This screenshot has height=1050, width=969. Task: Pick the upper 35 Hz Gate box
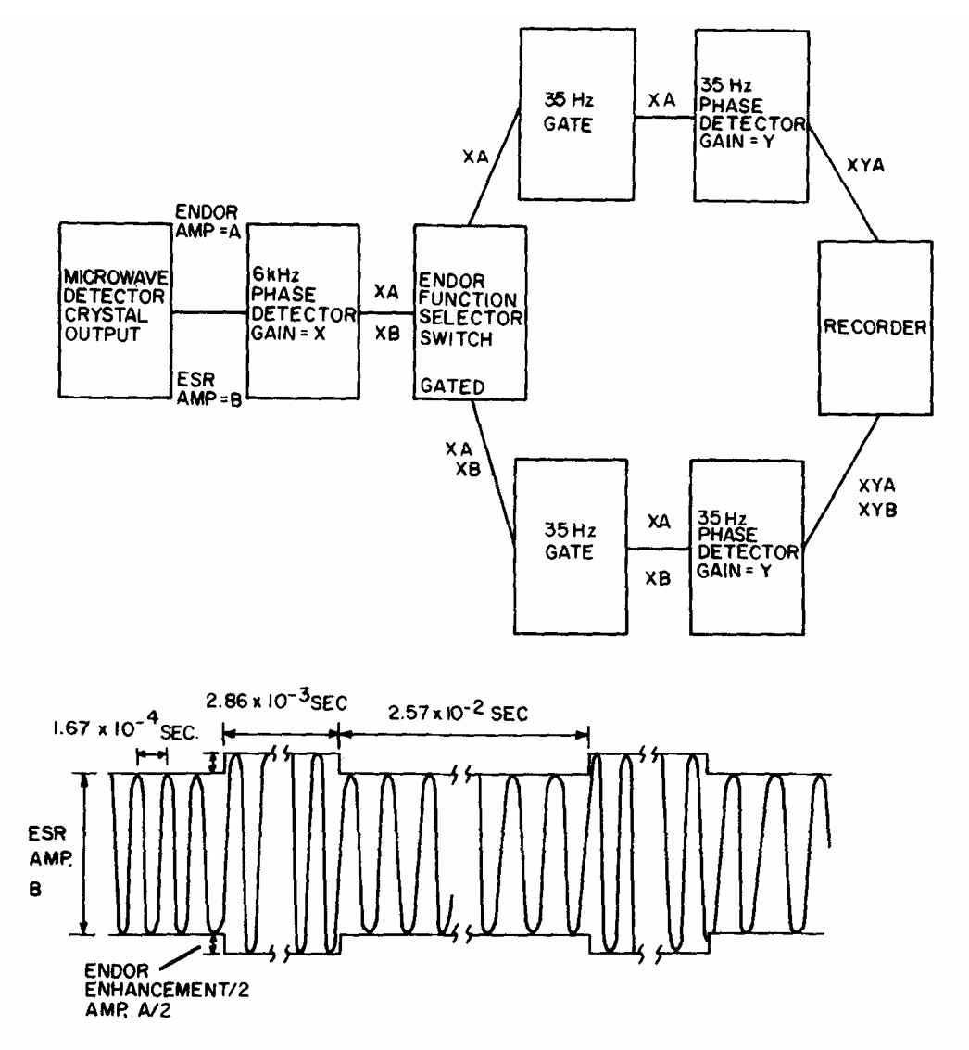(574, 113)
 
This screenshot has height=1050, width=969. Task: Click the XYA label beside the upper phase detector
(868, 168)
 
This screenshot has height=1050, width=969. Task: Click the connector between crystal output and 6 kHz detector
(209, 312)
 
